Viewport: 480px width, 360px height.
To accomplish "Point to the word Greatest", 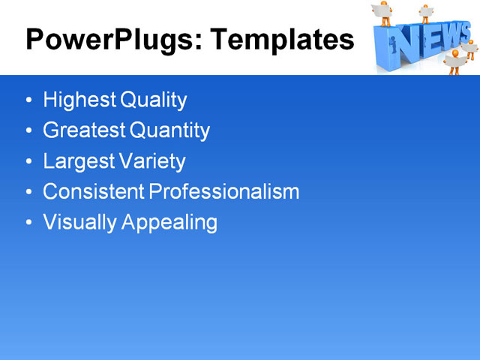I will (84, 130).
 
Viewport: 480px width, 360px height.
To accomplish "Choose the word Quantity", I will (170, 130).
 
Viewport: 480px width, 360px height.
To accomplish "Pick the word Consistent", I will (94, 192).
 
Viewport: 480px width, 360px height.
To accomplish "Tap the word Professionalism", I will (224, 192).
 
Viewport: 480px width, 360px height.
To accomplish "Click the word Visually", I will (77, 223).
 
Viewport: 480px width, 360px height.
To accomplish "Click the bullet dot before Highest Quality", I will (28, 100).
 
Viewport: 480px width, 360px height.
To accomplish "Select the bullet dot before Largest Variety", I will (28, 162).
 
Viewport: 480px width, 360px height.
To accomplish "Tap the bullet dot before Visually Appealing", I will (28, 223).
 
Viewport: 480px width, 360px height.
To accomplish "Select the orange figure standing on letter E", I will (425, 13).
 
